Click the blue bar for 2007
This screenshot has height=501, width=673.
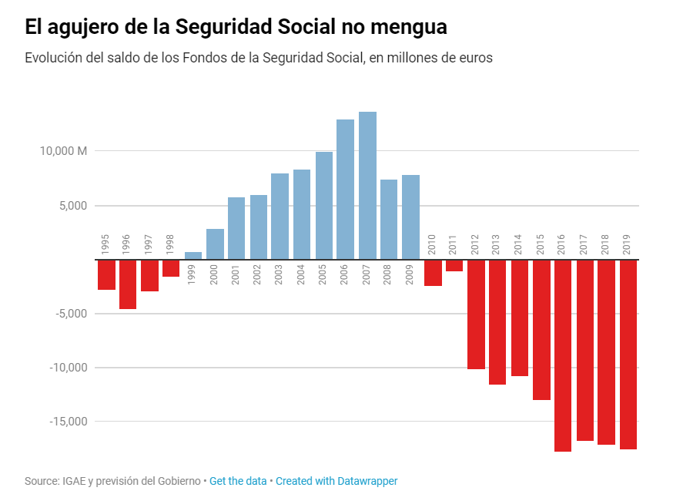click(367, 186)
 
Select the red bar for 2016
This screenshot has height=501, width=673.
click(563, 355)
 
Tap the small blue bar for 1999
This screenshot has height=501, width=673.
click(193, 256)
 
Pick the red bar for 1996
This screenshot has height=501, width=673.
click(128, 284)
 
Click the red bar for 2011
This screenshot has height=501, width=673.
click(454, 266)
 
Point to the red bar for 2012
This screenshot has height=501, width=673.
click(476, 314)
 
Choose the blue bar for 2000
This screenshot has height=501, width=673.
click(215, 244)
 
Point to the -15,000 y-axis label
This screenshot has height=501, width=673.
click(67, 422)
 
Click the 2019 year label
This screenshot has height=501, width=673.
click(628, 244)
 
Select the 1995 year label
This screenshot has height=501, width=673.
click(105, 244)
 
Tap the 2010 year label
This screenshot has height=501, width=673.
click(432, 244)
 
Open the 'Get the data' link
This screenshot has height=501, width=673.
click(238, 481)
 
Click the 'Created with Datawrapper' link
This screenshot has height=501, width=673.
click(336, 481)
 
